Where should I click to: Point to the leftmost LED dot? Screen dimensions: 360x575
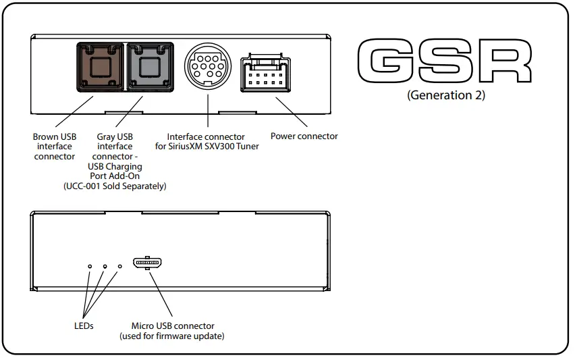click(90, 267)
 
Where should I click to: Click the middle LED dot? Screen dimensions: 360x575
click(105, 267)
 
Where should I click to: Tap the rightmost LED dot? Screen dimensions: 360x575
click(120, 267)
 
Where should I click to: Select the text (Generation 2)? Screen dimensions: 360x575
click(446, 95)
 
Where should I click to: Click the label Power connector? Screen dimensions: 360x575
click(304, 136)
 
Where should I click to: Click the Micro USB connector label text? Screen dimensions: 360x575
click(173, 326)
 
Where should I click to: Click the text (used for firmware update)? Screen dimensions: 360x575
click(172, 336)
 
